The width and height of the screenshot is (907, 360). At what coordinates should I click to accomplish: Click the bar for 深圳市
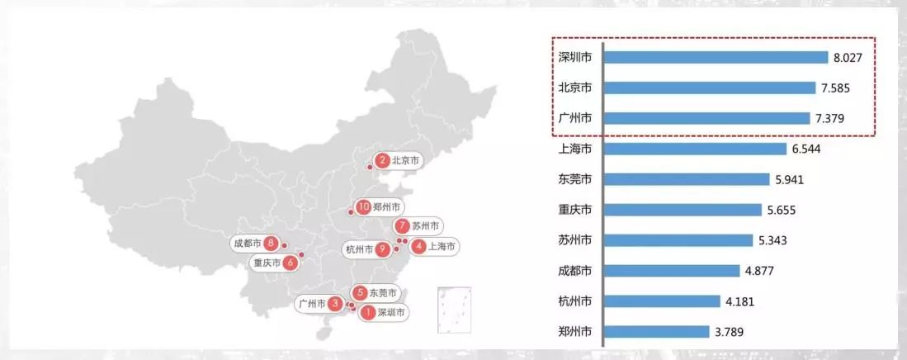[x=716, y=57]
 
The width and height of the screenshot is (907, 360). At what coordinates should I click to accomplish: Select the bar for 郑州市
[x=657, y=332]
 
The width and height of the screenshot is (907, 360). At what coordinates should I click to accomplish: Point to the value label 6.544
[x=807, y=149]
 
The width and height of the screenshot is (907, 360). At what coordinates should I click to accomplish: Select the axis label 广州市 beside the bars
[x=574, y=118]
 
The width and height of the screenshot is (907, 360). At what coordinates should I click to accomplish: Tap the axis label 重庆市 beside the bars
[x=574, y=210]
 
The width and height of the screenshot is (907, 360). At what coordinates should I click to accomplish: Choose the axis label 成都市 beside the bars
[x=574, y=271]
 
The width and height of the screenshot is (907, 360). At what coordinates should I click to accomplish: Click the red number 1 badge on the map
[x=367, y=313]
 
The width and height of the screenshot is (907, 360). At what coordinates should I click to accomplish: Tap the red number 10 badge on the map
[x=363, y=207]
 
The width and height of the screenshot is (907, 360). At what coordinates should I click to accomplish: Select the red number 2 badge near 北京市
[x=382, y=161]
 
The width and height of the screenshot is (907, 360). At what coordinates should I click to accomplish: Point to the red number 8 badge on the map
[x=270, y=243]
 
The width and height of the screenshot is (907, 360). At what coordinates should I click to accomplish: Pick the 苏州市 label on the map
[x=426, y=225]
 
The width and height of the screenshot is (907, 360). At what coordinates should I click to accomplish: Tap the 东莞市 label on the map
[x=383, y=293]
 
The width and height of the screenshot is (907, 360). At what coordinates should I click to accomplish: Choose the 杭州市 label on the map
[x=360, y=249]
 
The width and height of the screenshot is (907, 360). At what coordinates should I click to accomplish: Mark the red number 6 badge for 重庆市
[x=290, y=263]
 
